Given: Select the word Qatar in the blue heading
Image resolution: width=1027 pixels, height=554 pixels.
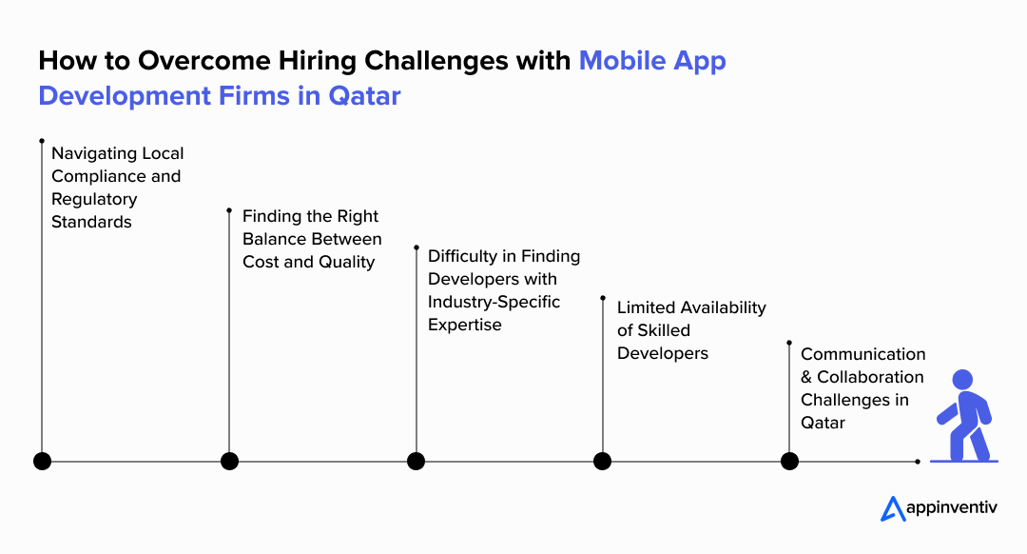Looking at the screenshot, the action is pos(364,96).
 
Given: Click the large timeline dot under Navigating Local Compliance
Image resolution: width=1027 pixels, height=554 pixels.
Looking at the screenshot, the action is pos(42,462).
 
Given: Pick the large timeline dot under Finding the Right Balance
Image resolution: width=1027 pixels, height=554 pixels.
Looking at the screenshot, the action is pos(229,462).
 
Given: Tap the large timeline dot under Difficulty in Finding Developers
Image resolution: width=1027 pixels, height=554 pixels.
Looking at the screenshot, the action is pos(416,462).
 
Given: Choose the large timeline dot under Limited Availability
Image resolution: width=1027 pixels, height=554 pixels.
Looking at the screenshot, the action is pos(603,462).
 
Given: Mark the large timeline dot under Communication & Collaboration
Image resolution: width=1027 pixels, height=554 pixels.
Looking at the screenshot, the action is pos(789,462).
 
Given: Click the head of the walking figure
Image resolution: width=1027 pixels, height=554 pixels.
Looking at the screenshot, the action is pos(962,380).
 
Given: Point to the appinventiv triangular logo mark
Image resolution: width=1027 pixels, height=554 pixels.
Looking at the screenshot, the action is pos(892,508).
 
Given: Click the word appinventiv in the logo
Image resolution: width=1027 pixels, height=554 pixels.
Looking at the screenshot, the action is pos(952,508).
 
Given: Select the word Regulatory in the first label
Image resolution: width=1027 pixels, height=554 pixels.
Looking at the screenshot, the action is pos(94,199).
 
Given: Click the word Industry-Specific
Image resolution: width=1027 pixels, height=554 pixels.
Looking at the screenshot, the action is pos(494,303).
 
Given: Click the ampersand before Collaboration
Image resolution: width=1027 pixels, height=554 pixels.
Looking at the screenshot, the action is pos(806,377).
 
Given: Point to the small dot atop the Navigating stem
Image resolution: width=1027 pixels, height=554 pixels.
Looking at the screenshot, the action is pos(42,141).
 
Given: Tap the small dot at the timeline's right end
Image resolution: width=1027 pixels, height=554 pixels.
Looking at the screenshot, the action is pos(918,462).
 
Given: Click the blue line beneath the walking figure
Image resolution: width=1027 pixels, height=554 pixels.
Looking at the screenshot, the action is pos(964,461).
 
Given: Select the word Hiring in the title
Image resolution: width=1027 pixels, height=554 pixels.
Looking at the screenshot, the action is pos(317,61).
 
